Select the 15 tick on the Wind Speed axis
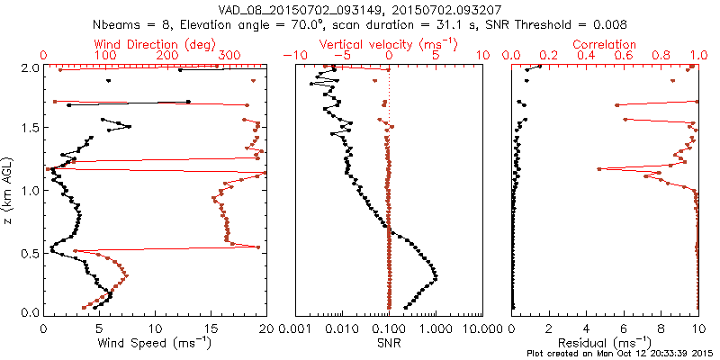(x=211, y=327)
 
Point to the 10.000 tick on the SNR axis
(x=482, y=327)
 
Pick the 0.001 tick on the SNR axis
(x=295, y=327)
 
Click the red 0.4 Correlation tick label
(x=586, y=56)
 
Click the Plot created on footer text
(x=621, y=353)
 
